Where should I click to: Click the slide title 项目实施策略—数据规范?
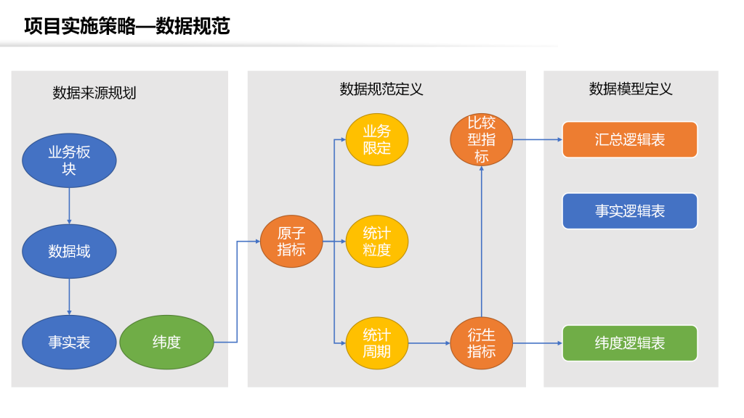tap(126, 26)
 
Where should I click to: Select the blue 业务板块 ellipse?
tap(69, 160)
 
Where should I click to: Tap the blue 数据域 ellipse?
tap(69, 251)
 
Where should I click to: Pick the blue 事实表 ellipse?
tap(69, 343)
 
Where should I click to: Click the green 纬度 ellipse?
tap(166, 343)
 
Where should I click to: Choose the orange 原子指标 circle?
tap(291, 241)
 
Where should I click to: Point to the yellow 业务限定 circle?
tap(377, 139)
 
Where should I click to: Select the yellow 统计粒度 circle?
tap(377, 241)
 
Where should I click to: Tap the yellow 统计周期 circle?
tap(377, 343)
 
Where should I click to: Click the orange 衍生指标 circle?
tap(481, 343)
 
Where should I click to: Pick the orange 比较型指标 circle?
tap(481, 139)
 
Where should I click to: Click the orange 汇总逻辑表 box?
tap(630, 139)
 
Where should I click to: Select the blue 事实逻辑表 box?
tap(630, 211)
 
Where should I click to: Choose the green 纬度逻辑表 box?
tap(630, 343)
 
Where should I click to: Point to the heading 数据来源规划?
tap(94, 93)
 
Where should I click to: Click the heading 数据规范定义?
tap(381, 89)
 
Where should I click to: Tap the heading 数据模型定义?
tap(631, 89)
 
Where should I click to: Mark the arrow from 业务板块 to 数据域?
tap(69, 206)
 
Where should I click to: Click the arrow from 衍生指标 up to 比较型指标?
tap(482, 241)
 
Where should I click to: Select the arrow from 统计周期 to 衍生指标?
tap(429, 343)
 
